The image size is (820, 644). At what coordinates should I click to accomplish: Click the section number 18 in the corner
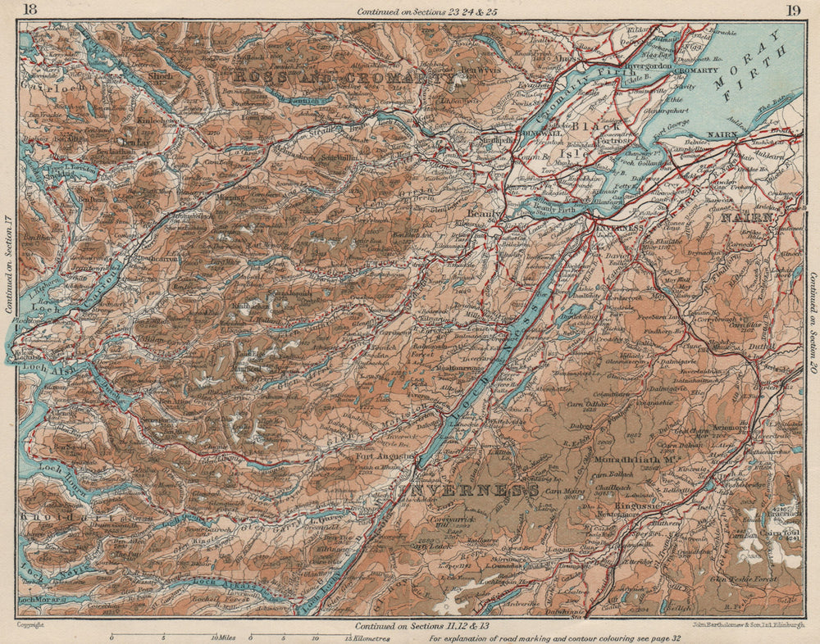tap(30, 11)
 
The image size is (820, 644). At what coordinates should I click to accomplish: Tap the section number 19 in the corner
tap(792, 11)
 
